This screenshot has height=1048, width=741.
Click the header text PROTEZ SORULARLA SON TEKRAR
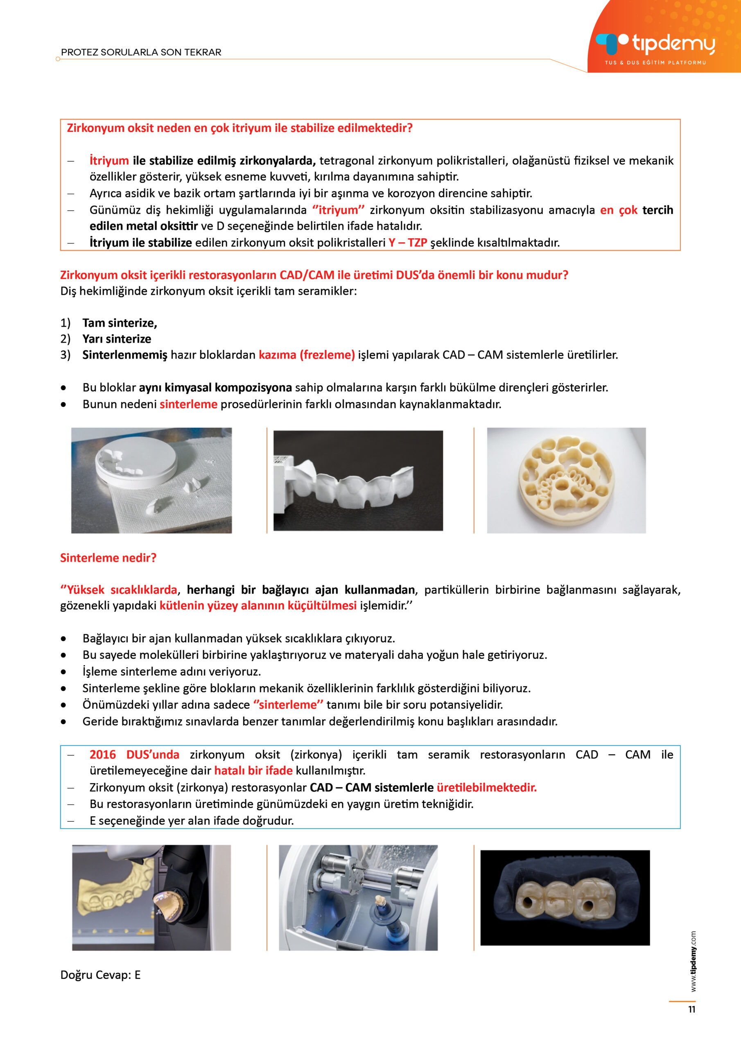click(141, 52)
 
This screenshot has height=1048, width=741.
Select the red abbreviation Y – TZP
click(408, 242)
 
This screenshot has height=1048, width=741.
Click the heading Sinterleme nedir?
click(108, 558)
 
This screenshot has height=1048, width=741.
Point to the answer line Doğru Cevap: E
click(100, 975)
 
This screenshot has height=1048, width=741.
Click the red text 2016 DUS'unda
click(134, 754)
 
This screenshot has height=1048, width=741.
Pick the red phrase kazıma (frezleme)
click(307, 355)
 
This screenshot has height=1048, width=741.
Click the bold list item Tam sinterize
click(120, 323)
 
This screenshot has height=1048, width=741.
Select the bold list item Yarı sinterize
click(116, 339)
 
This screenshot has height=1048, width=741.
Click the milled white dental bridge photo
click(358, 480)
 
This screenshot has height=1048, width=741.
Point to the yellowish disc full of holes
click(567, 480)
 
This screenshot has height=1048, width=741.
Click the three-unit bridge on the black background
click(565, 897)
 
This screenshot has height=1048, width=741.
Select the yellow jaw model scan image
click(151, 897)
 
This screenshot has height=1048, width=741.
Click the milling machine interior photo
click(358, 897)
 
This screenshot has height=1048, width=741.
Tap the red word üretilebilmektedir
click(487, 787)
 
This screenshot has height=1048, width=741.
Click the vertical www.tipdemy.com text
click(693, 961)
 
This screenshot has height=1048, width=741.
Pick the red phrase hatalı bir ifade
click(253, 770)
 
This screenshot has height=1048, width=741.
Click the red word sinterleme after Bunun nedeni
click(189, 404)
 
